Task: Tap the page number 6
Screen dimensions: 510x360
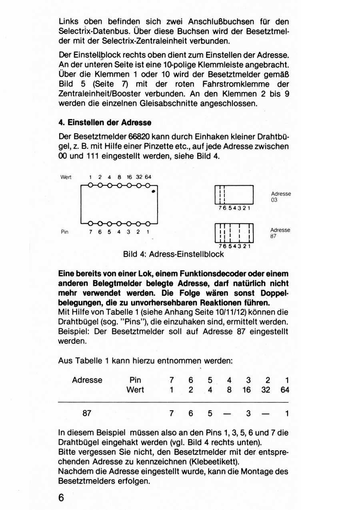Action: click(61, 498)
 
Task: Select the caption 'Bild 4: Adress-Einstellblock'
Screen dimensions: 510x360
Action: click(174, 254)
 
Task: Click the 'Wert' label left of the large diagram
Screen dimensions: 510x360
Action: click(66, 177)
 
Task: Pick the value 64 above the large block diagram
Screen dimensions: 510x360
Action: click(148, 177)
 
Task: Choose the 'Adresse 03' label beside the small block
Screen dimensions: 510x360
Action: click(281, 197)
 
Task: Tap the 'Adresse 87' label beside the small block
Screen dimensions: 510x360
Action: click(280, 233)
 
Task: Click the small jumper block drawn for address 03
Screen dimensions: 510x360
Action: click(234, 195)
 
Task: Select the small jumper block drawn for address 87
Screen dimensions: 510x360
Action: click(234, 233)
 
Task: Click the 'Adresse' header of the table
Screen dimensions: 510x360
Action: click(87, 380)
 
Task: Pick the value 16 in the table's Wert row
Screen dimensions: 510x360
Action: click(246, 390)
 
